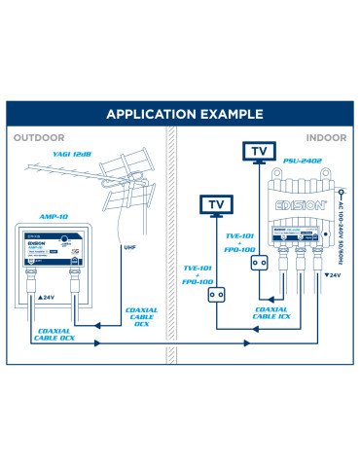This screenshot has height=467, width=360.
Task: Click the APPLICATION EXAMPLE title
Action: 180,113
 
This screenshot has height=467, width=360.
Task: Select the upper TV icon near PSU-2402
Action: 259,153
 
